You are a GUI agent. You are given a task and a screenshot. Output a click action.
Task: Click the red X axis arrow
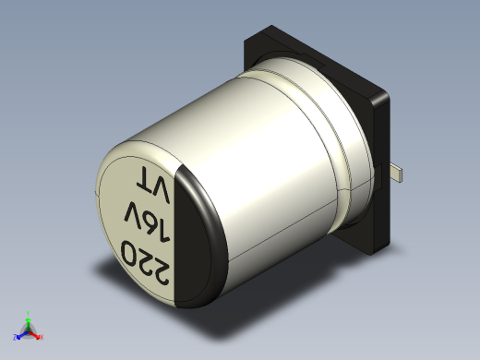tap(37, 334)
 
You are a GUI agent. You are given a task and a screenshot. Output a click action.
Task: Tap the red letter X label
tap(42, 338)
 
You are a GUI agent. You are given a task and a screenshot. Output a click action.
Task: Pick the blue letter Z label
tap(15, 338)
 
